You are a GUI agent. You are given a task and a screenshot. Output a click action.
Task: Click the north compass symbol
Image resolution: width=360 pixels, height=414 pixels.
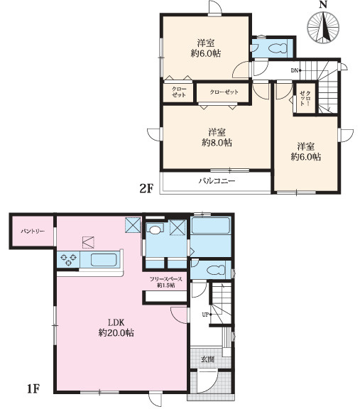click(323, 28)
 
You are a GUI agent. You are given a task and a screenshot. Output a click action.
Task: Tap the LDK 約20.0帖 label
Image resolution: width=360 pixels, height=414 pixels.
click(116, 327)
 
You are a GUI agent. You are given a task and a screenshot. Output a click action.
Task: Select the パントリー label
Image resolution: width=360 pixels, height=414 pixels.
click(33, 231)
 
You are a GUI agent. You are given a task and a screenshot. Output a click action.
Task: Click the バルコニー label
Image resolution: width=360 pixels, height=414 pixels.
click(217, 181)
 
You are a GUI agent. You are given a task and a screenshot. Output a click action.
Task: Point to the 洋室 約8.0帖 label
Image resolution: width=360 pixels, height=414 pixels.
click(217, 138)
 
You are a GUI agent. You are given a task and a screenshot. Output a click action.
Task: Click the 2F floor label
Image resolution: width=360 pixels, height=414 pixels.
click(146, 188)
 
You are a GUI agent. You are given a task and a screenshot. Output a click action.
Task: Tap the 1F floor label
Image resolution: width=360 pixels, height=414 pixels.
click(33, 388)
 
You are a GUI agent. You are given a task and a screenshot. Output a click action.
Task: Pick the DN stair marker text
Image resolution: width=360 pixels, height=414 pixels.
click(295, 70)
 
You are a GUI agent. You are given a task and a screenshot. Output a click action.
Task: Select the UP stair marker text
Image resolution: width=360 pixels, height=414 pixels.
click(205, 315)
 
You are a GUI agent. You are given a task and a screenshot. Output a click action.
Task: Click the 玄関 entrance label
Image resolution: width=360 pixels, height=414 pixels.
click(208, 359)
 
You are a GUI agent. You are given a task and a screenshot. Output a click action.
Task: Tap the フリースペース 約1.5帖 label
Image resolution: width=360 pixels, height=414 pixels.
click(165, 282)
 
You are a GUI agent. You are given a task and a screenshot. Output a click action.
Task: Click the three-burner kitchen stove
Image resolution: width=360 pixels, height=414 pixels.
click(68, 259)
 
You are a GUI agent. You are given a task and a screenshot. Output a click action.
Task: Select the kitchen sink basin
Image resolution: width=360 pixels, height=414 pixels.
click(104, 260)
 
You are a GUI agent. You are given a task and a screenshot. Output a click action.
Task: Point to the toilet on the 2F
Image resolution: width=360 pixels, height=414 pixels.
click(277, 48)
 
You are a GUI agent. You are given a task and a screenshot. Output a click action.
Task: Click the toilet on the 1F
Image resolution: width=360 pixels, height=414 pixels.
click(216, 270)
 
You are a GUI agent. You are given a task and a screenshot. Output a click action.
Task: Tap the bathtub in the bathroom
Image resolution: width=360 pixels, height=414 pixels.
click(210, 226)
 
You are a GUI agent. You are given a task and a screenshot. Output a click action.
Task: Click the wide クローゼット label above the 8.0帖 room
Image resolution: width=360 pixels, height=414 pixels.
click(224, 92)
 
